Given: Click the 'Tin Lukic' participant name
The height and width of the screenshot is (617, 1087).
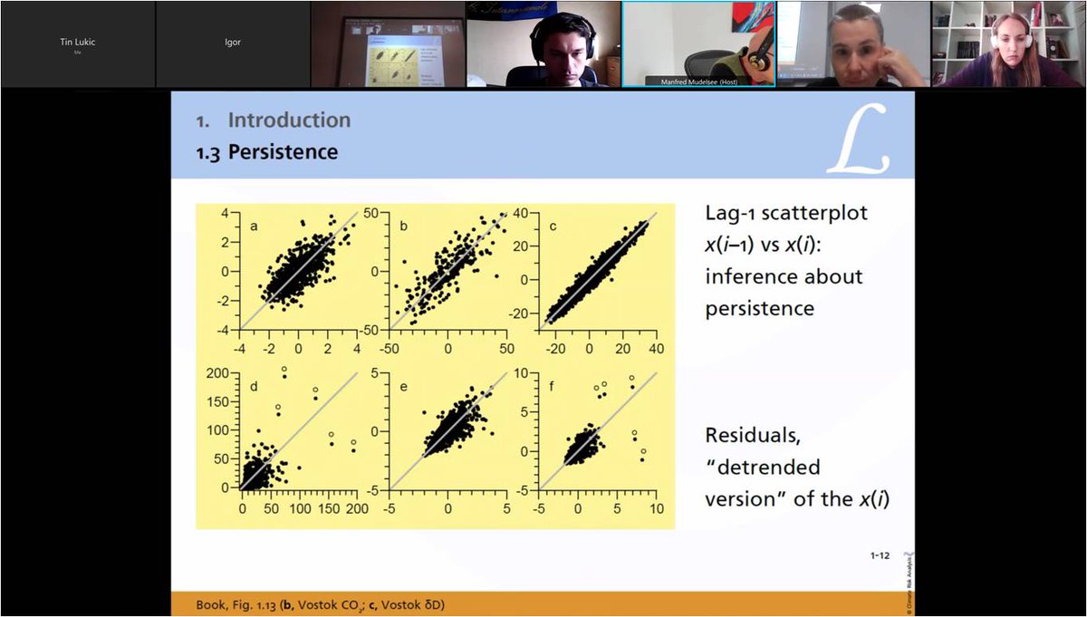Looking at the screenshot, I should [x=77, y=42].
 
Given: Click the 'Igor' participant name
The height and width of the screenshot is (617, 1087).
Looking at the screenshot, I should [x=233, y=42].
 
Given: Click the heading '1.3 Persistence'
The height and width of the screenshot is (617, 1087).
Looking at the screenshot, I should [x=268, y=152].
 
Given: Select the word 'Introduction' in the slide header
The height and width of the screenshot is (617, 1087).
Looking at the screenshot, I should [x=288, y=120].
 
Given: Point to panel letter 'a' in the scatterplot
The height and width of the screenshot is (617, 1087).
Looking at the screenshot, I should [x=254, y=225].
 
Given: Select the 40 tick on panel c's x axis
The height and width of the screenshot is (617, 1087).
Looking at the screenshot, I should [x=656, y=349].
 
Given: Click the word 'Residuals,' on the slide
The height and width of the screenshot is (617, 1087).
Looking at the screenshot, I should [x=753, y=436].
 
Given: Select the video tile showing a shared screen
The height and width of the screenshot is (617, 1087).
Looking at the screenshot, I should [x=388, y=43].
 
